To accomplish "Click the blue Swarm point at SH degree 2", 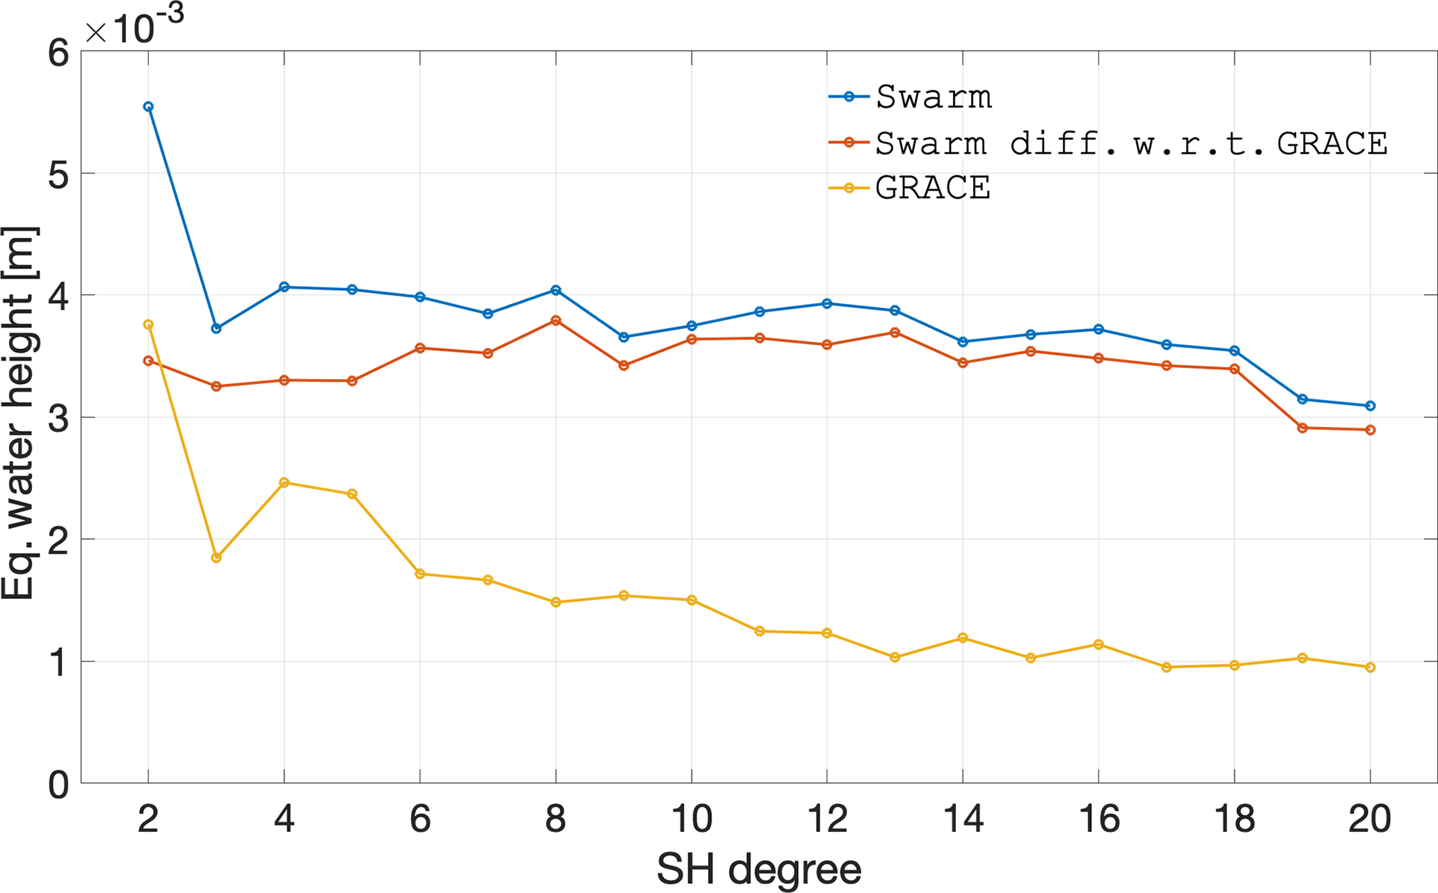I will click(148, 106).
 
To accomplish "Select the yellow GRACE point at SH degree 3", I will click(216, 558).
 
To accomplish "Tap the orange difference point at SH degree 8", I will click(556, 321).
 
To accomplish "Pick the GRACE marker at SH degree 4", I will click(284, 483).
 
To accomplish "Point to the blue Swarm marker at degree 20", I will click(1371, 405).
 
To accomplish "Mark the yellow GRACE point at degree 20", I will click(1371, 668).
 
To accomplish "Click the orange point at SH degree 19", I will click(1302, 428).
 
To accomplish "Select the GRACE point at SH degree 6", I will click(420, 574).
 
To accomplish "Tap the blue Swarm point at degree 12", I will click(827, 303).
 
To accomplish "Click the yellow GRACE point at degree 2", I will click(148, 325).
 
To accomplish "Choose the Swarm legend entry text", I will click(934, 97).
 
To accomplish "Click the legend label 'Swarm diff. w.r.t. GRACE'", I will click(1131, 143).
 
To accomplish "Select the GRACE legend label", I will click(932, 188).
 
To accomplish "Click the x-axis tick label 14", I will click(963, 819).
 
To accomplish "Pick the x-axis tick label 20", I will click(1370, 819).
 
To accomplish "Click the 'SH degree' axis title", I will click(759, 869).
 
